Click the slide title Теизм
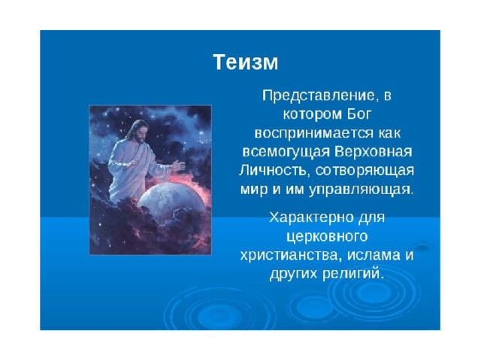point(246,62)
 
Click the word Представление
point(319,96)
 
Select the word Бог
point(359,114)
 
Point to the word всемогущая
point(286,152)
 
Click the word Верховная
point(373,152)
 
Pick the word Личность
point(272,171)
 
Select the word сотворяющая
point(365,171)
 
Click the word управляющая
point(361,190)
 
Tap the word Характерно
point(311,217)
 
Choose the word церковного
point(327,237)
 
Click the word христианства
point(291,256)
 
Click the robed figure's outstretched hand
point(178,165)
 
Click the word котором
point(313,114)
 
